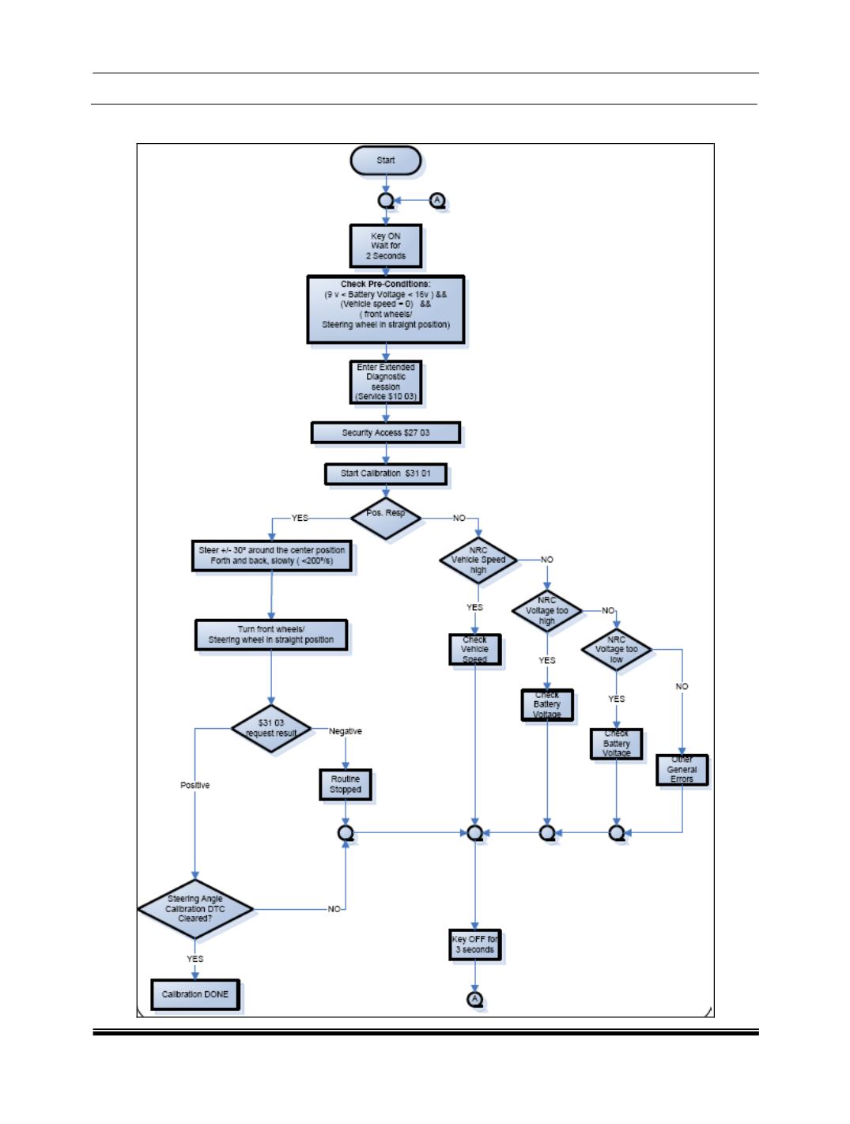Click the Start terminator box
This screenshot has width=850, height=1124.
(x=385, y=160)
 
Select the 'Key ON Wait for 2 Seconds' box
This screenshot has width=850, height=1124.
(x=386, y=246)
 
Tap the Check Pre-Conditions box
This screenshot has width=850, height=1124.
(x=385, y=309)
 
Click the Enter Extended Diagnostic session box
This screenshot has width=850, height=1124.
(x=386, y=382)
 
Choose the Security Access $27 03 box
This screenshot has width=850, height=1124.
(x=385, y=432)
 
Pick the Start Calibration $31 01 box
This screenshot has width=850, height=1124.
(x=386, y=474)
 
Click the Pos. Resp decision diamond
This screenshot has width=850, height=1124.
(x=386, y=518)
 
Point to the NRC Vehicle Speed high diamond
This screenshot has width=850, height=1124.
(x=478, y=560)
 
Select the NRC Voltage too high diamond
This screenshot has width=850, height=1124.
(x=547, y=611)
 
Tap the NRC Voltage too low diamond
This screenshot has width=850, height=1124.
(x=617, y=650)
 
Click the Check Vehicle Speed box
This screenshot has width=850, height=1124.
(x=475, y=649)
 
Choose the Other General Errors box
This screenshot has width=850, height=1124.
(x=682, y=769)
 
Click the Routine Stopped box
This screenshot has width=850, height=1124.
(x=346, y=784)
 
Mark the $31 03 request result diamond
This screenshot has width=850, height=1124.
(x=271, y=728)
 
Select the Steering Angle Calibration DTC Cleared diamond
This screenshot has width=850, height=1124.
(x=195, y=909)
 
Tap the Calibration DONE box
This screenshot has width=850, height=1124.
(x=195, y=994)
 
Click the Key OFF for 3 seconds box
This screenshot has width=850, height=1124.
(x=474, y=945)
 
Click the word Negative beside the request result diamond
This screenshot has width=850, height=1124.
(x=346, y=731)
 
